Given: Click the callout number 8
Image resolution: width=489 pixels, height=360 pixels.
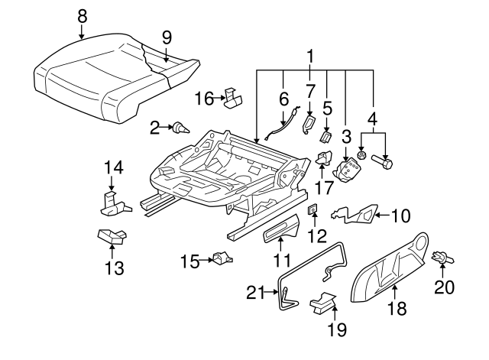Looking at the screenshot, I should pyautogui.click(x=82, y=14).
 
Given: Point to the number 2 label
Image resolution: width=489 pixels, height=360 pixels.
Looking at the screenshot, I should pyautogui.click(x=154, y=128).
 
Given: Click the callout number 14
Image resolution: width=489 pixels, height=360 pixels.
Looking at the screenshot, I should pyautogui.click(x=113, y=167).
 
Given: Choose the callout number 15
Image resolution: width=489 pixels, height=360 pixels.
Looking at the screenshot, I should pyautogui.click(x=189, y=261).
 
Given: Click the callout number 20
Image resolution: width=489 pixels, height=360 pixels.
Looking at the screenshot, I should pyautogui.click(x=444, y=287).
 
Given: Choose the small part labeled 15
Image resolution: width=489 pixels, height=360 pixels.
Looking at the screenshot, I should pyautogui.click(x=221, y=259).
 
